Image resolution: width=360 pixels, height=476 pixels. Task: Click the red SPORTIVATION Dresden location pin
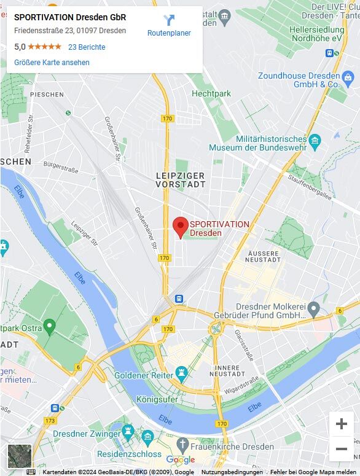pos(180,227)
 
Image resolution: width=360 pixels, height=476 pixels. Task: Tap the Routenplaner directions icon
pos(169,21)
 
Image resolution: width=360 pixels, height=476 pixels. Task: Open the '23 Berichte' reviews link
pos(87,47)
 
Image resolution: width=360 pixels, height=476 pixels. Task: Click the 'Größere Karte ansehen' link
pos(52,63)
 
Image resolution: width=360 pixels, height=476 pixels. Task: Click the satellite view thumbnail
pos(19,456)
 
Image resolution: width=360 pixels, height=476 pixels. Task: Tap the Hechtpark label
pos(211,93)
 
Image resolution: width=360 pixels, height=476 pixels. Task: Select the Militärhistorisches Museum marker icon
pos(315,142)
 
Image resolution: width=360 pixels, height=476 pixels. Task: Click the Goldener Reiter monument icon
pos(181,373)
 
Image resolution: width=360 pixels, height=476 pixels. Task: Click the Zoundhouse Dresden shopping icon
pos(348,77)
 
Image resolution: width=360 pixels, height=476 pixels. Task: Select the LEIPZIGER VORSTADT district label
pos(180,180)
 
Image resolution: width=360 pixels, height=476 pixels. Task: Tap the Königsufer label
pos(157,399)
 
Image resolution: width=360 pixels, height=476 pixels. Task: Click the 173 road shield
pos(50,421)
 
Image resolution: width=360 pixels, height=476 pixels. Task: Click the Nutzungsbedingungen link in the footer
pos(232,472)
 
